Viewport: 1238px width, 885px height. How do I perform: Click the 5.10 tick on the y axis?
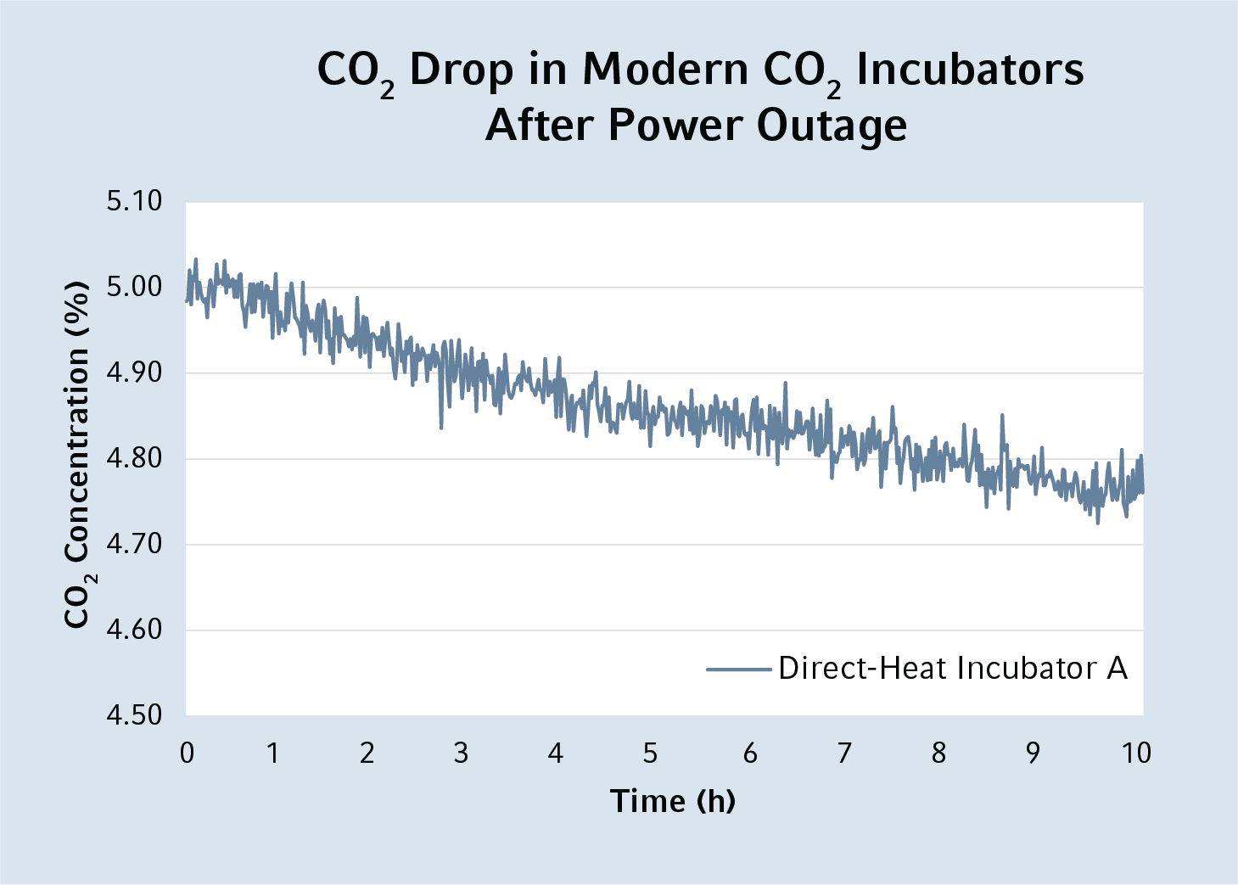point(133,201)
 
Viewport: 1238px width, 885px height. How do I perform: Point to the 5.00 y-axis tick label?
point(133,287)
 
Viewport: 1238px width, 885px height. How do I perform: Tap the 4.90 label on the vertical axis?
point(133,372)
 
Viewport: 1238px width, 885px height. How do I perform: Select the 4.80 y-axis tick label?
point(133,458)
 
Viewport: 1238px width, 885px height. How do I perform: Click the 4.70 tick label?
point(133,544)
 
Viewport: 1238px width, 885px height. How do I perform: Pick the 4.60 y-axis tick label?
point(133,630)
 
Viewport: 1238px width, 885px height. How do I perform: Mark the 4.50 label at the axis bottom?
point(133,715)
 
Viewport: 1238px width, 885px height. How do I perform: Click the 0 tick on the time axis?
point(187,753)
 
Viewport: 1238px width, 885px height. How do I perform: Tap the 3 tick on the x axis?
point(461,753)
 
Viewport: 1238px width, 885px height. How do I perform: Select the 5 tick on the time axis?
point(650,753)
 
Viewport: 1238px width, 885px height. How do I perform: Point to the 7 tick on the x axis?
point(844,753)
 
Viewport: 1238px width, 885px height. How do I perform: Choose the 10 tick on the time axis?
point(1136,753)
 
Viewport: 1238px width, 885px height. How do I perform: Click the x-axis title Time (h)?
point(673,801)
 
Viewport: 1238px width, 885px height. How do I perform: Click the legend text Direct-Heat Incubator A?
point(953,669)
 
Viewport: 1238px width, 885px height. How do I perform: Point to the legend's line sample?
point(738,669)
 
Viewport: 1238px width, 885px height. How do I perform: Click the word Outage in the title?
point(832,126)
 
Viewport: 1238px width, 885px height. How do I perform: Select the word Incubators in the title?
point(970,70)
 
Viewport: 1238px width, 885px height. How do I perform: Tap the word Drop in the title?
point(461,70)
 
